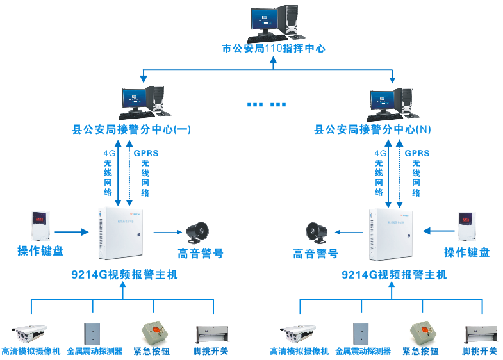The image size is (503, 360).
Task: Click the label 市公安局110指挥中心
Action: (x=274, y=48)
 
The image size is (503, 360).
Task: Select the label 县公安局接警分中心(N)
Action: (x=372, y=129)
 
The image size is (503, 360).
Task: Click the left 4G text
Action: (x=109, y=154)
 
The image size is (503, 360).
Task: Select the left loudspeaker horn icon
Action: (x=198, y=233)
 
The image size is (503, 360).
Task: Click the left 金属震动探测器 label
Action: (x=94, y=352)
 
